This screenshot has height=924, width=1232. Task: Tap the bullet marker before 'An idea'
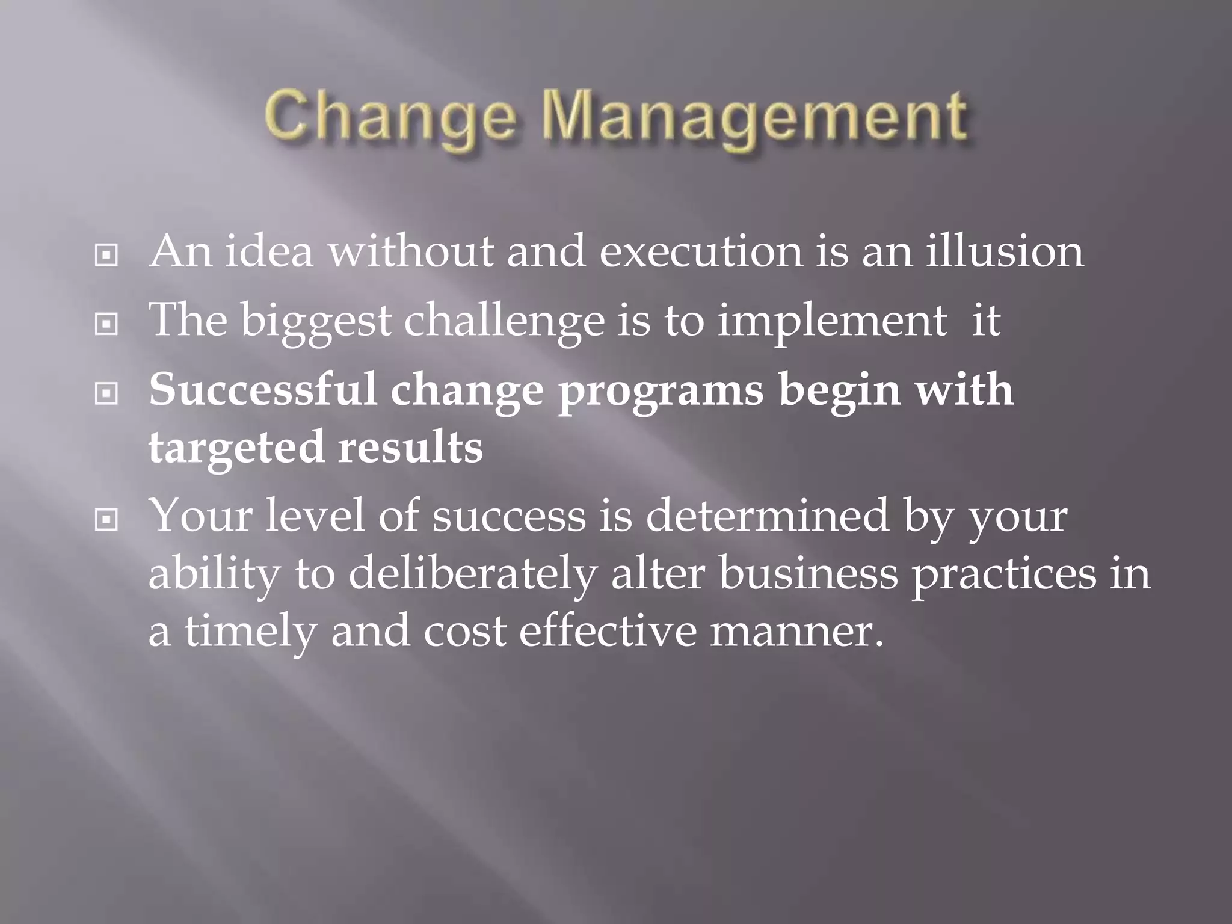(x=106, y=256)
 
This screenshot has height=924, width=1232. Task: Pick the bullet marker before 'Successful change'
(x=106, y=394)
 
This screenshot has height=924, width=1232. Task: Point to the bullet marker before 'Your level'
(x=106, y=519)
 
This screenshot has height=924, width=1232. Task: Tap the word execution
(x=700, y=251)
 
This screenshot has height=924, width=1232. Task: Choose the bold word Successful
(x=263, y=390)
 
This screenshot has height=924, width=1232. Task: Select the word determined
(x=767, y=516)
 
